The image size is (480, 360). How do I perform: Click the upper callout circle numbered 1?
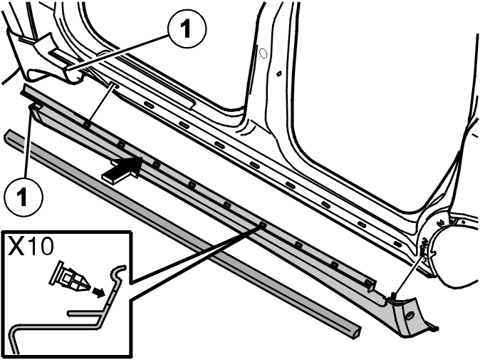187,30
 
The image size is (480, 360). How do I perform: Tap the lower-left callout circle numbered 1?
24,197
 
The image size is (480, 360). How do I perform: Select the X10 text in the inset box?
31,247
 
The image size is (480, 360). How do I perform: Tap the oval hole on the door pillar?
264,53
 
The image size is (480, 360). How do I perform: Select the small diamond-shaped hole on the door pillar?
278,73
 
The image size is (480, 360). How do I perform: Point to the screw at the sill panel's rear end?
394,295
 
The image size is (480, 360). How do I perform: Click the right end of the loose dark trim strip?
357,331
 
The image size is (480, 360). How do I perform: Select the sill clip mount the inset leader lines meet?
262,225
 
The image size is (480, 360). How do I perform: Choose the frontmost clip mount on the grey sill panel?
87,124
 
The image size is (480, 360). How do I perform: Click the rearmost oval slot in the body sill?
397,244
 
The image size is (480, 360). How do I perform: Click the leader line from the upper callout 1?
118,52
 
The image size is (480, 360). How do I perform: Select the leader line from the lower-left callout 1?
28,145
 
